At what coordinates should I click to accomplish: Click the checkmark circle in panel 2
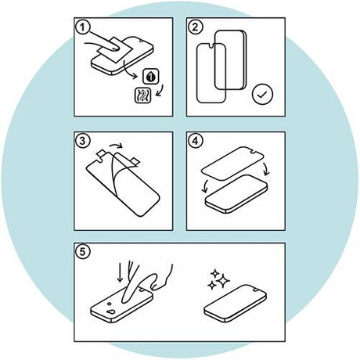point(264,96)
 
